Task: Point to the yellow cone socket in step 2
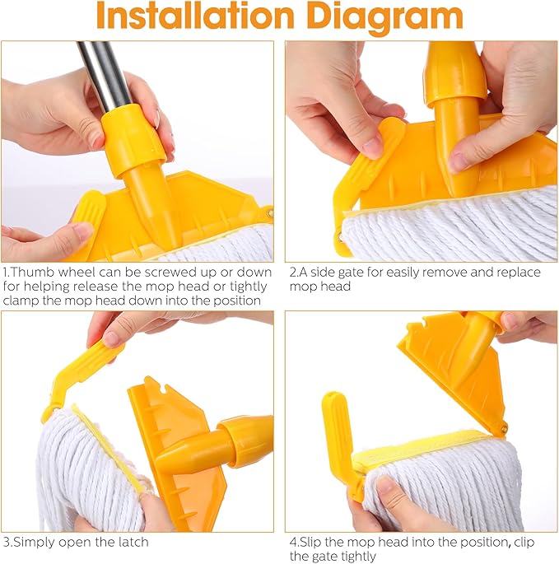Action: click(x=455, y=124)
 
